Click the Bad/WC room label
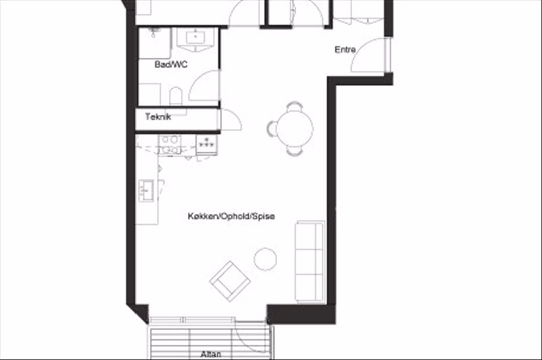click(x=171, y=64)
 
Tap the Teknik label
click(x=158, y=117)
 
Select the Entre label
click(x=345, y=50)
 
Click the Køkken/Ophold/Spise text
click(x=231, y=216)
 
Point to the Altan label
click(x=211, y=355)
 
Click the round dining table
click(x=295, y=128)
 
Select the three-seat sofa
click(x=310, y=262)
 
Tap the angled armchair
click(x=230, y=281)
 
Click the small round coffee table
click(x=265, y=259)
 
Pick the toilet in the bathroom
click(x=176, y=97)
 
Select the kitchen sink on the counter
click(x=146, y=191)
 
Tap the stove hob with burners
click(x=207, y=144)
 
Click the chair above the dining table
click(x=295, y=106)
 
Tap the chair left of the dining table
click(x=272, y=128)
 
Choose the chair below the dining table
click(x=295, y=151)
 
